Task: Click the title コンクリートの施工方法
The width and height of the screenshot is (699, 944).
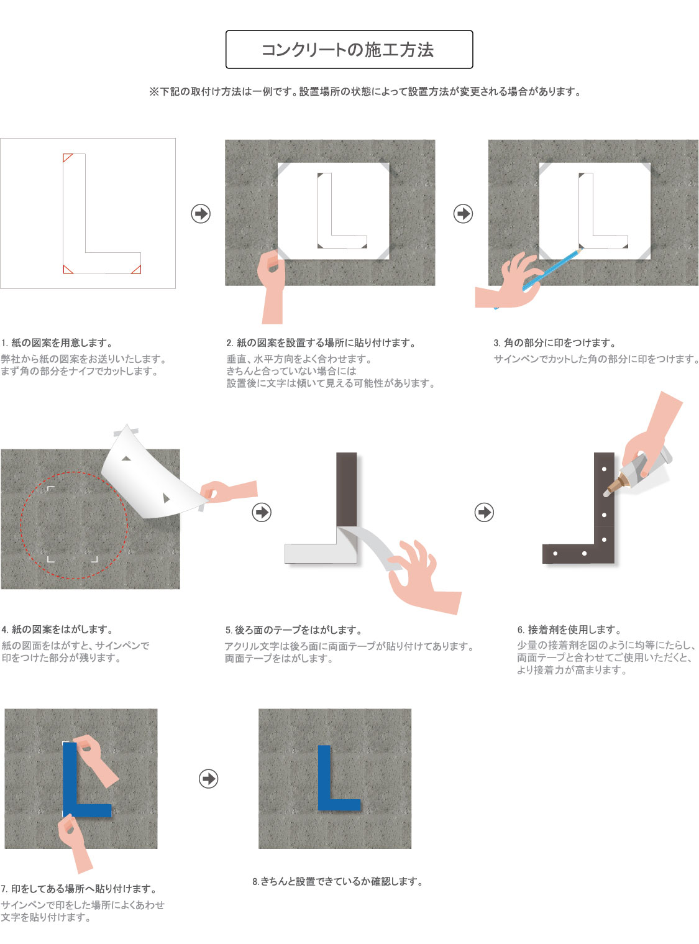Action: tap(347, 50)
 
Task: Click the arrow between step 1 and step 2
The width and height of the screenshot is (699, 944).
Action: tap(201, 213)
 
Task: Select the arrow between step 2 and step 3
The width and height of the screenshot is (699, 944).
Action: tap(463, 213)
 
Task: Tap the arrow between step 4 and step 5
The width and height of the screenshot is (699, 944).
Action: tap(262, 512)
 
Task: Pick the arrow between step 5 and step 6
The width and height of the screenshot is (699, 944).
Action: tap(484, 512)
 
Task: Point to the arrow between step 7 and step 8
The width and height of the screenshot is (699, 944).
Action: tap(208, 779)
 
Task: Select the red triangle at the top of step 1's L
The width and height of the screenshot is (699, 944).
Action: tap(66, 157)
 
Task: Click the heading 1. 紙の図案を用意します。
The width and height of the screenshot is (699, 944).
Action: tap(57, 342)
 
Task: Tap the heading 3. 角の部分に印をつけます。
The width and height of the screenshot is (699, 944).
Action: tap(555, 342)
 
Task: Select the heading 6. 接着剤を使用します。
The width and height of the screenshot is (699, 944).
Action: tap(570, 630)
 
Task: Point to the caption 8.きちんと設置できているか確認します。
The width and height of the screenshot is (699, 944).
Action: tap(337, 881)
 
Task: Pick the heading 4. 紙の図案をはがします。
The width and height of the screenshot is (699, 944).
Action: tap(57, 630)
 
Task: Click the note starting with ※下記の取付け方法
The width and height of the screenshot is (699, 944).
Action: tap(365, 91)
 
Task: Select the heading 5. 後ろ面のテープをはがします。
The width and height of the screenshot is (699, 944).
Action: tap(294, 630)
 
